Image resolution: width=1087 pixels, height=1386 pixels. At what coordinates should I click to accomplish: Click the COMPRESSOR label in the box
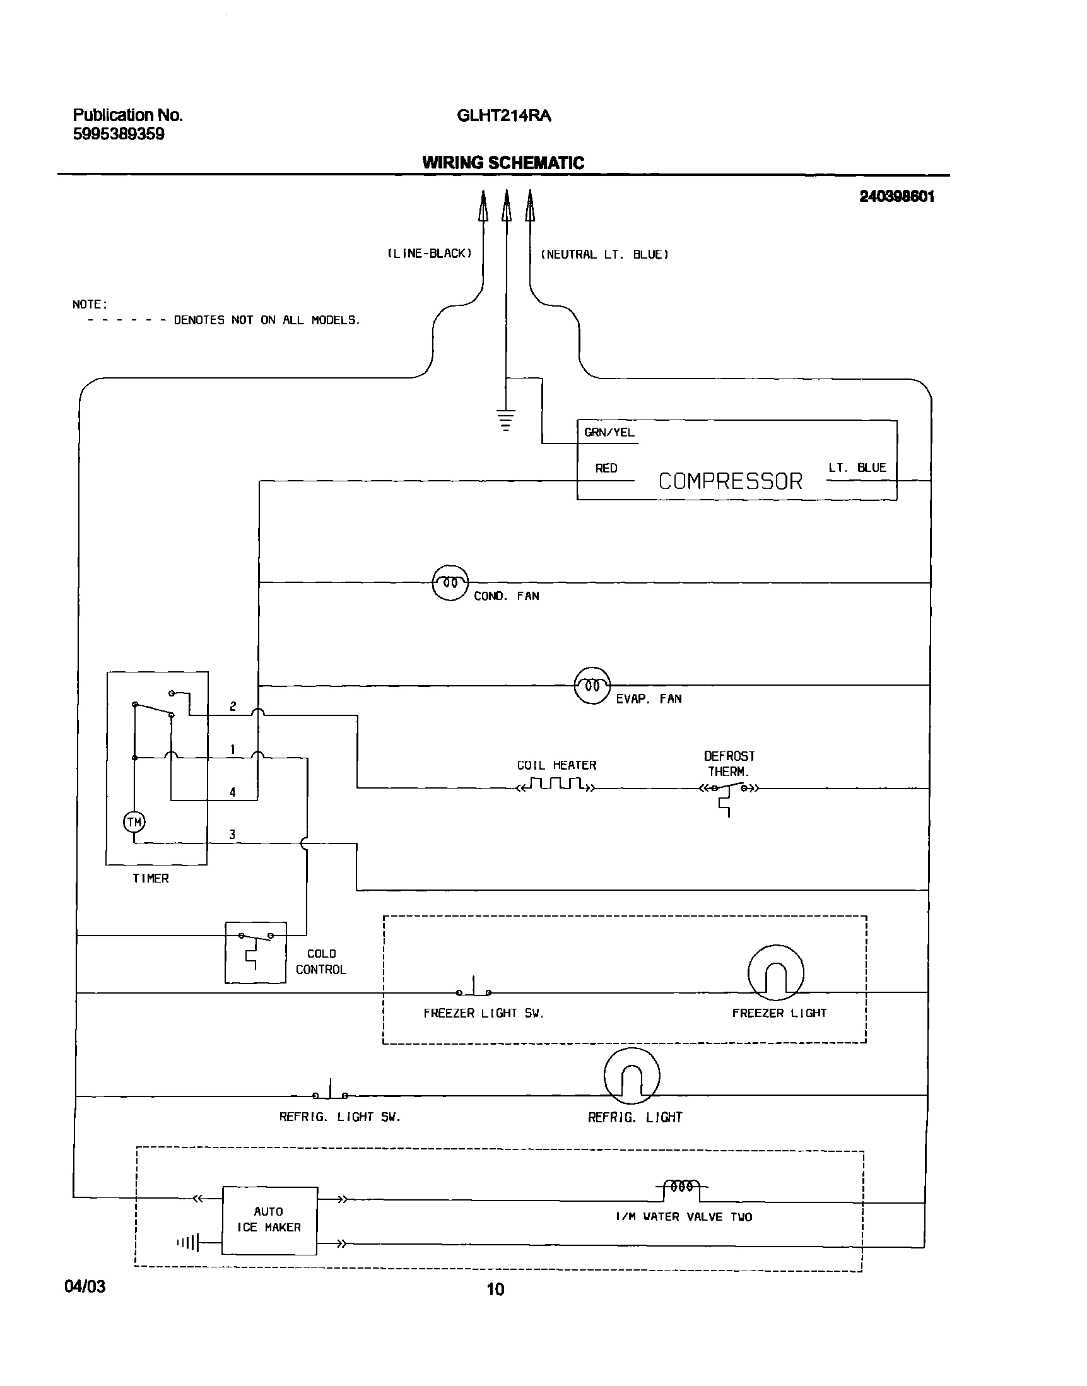[730, 481]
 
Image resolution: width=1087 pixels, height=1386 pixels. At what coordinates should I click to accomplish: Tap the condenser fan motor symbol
[450, 582]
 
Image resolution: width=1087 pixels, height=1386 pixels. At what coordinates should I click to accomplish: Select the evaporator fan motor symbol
[592, 685]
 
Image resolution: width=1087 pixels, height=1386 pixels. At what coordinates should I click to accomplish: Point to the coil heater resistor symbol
[556, 784]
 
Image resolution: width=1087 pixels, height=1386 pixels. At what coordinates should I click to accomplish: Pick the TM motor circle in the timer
[134, 822]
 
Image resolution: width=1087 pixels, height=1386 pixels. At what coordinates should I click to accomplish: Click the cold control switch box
[256, 953]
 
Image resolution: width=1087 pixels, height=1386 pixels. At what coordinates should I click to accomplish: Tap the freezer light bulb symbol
[775, 973]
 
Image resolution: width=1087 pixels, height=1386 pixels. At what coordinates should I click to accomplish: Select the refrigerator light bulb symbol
[632, 1076]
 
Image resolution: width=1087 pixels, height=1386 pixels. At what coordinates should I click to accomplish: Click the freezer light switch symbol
[474, 989]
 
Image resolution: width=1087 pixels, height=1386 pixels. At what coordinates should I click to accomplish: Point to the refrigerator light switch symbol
[331, 1092]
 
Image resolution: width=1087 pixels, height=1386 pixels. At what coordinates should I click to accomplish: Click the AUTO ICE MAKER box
[269, 1220]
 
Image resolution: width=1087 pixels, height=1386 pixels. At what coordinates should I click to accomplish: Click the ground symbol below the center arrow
[506, 421]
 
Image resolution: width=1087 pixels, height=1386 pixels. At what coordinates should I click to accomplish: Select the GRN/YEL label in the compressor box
[609, 433]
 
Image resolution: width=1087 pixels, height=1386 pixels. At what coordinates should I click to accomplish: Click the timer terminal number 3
[232, 834]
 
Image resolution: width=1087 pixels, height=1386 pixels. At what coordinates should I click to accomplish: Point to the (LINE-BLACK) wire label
[430, 254]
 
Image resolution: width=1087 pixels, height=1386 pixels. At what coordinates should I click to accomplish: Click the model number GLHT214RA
[503, 116]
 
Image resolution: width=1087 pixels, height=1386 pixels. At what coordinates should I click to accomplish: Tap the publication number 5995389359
[119, 134]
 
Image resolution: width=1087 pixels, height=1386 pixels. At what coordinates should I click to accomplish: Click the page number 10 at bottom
[495, 1289]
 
